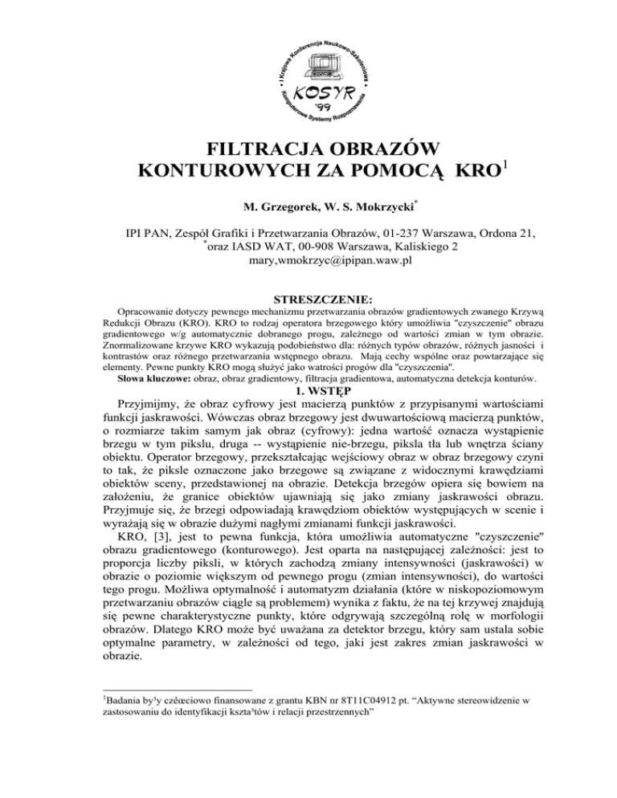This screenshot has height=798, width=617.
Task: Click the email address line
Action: [309, 273]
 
